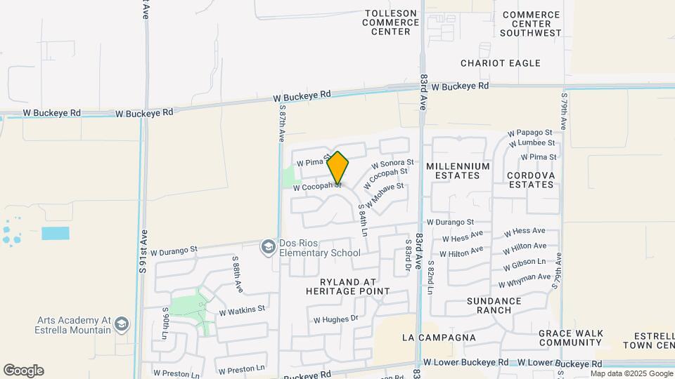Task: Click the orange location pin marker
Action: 338,168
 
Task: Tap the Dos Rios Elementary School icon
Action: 268,247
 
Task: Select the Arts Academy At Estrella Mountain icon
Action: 122,324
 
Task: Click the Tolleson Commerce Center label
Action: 390,22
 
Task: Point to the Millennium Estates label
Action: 458,171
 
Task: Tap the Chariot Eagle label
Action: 501,63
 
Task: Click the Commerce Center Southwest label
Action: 531,24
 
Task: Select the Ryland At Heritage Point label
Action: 347,286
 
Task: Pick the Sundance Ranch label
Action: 494,305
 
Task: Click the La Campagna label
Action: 439,338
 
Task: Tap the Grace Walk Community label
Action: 570,338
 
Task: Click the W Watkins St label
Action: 242,310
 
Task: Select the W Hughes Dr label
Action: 335,319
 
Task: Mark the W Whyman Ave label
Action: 525,281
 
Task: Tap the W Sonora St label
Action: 392,164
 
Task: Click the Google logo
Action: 23,371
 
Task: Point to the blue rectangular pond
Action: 56,233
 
